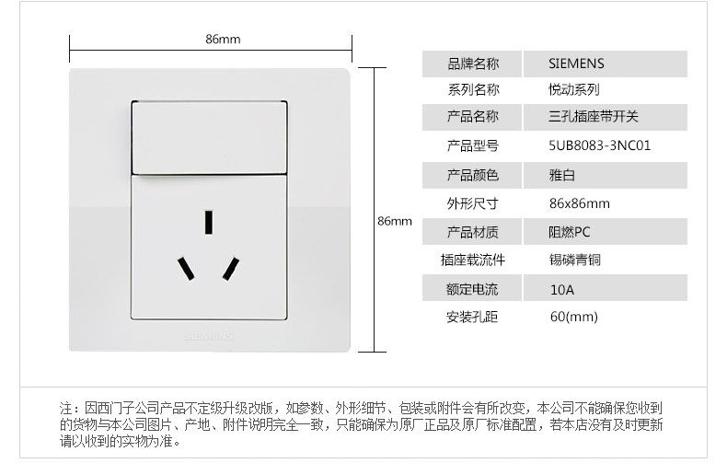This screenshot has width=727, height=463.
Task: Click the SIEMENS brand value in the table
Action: [x=576, y=64]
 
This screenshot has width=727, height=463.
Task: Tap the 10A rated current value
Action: [x=561, y=289]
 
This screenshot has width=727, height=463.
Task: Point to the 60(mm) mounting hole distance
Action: [x=573, y=318]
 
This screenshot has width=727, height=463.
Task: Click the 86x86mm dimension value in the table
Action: [x=579, y=203]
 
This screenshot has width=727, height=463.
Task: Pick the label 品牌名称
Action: [x=472, y=64]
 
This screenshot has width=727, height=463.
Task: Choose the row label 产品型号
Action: [x=472, y=145]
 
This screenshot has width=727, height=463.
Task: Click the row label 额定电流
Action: [x=472, y=289]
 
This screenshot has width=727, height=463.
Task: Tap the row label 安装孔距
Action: [x=472, y=318]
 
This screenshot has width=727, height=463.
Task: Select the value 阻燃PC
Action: [x=568, y=232]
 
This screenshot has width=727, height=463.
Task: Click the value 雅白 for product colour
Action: [x=561, y=175]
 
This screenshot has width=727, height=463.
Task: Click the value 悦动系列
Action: [x=574, y=90]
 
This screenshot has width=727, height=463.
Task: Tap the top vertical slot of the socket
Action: [x=211, y=222]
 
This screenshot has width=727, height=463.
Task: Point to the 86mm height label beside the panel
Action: [x=395, y=221]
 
